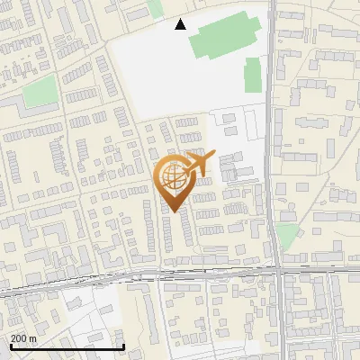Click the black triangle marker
[x=181, y=24]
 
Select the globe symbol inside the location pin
[x=171, y=176]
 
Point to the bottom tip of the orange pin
[x=171, y=212]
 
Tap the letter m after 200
[x=32, y=338]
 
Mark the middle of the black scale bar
[x=67, y=346]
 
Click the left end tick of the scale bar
[x=11, y=346]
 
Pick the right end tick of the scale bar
[x=123, y=346]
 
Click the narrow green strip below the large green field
[x=253, y=76]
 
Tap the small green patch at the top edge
[x=155, y=8]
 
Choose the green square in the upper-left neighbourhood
[x=39, y=92]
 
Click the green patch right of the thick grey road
[x=286, y=236]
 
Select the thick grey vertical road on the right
[x=272, y=135]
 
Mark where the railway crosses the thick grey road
[x=279, y=267]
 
